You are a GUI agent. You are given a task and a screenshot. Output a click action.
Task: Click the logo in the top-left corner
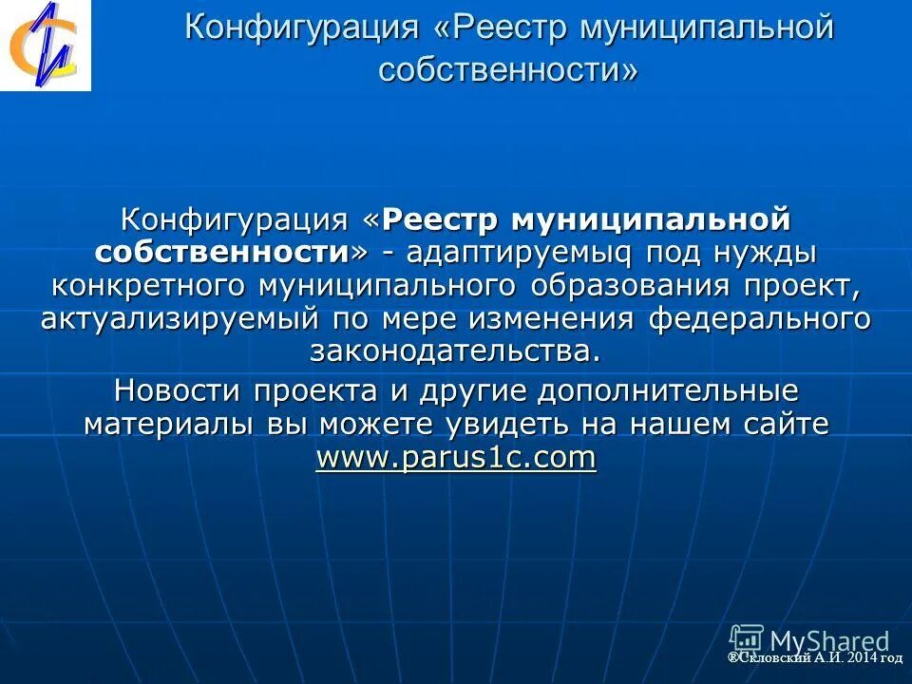(x=45, y=45)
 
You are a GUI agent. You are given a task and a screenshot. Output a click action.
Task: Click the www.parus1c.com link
(x=456, y=458)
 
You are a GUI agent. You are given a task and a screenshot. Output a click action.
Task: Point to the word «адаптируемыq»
(x=512, y=254)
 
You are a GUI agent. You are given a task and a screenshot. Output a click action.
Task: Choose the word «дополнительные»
(x=668, y=390)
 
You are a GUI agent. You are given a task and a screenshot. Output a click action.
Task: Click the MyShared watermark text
(x=829, y=641)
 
